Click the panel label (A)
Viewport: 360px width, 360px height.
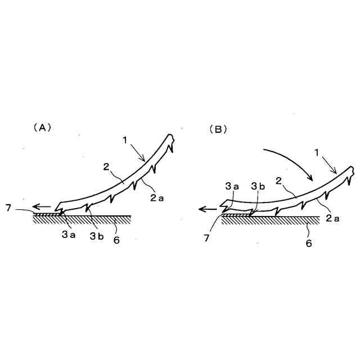43,128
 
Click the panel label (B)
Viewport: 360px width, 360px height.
218,130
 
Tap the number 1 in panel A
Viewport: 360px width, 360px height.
125,140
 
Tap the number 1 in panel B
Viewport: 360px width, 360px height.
317,152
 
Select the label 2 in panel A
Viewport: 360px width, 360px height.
106,167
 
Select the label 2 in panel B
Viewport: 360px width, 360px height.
278,181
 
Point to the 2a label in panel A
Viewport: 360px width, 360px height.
157,197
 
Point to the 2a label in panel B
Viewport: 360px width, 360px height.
332,218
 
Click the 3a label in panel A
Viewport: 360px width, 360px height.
69,235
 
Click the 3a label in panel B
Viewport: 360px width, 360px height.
232,186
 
